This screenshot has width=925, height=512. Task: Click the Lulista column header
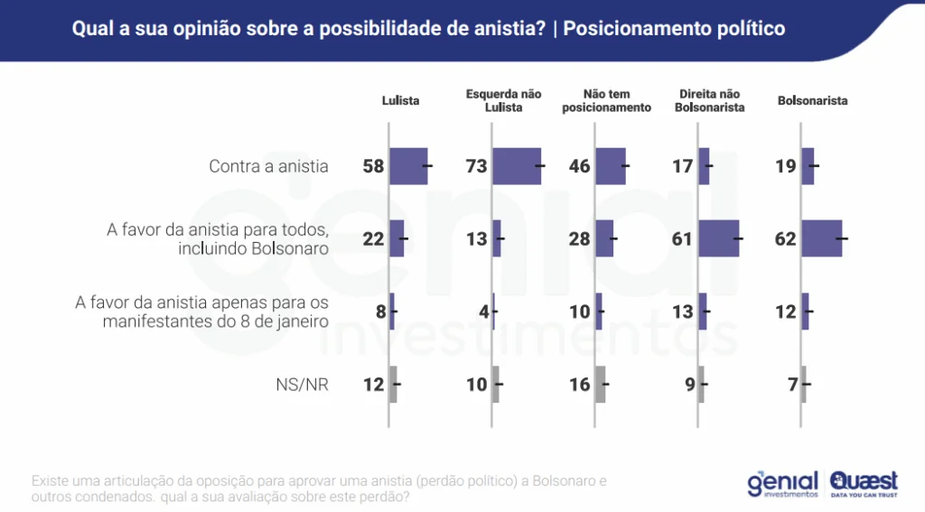pos(400,101)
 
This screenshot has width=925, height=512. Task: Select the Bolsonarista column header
pos(812,101)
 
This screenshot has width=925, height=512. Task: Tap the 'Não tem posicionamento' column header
pos(606,100)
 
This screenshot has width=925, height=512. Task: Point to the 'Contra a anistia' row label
pos(268,166)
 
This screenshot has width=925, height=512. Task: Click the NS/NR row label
pos(302,385)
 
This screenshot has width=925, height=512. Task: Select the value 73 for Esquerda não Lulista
pos(476,166)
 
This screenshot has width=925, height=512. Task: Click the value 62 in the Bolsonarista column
pos(785,239)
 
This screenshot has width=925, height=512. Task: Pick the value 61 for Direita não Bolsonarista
pos(682,239)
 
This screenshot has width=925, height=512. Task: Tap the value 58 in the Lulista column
pos(373,166)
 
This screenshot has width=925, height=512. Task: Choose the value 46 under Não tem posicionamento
pos(579,166)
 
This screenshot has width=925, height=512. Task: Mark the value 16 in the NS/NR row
pos(579,385)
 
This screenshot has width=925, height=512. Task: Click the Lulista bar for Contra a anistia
pos(409,166)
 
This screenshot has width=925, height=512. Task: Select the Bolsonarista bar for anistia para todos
pos(822,239)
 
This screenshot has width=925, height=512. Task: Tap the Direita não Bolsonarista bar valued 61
pos(719,239)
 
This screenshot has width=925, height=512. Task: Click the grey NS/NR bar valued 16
pos(601,385)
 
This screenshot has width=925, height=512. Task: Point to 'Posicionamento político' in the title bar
pos(674,29)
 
